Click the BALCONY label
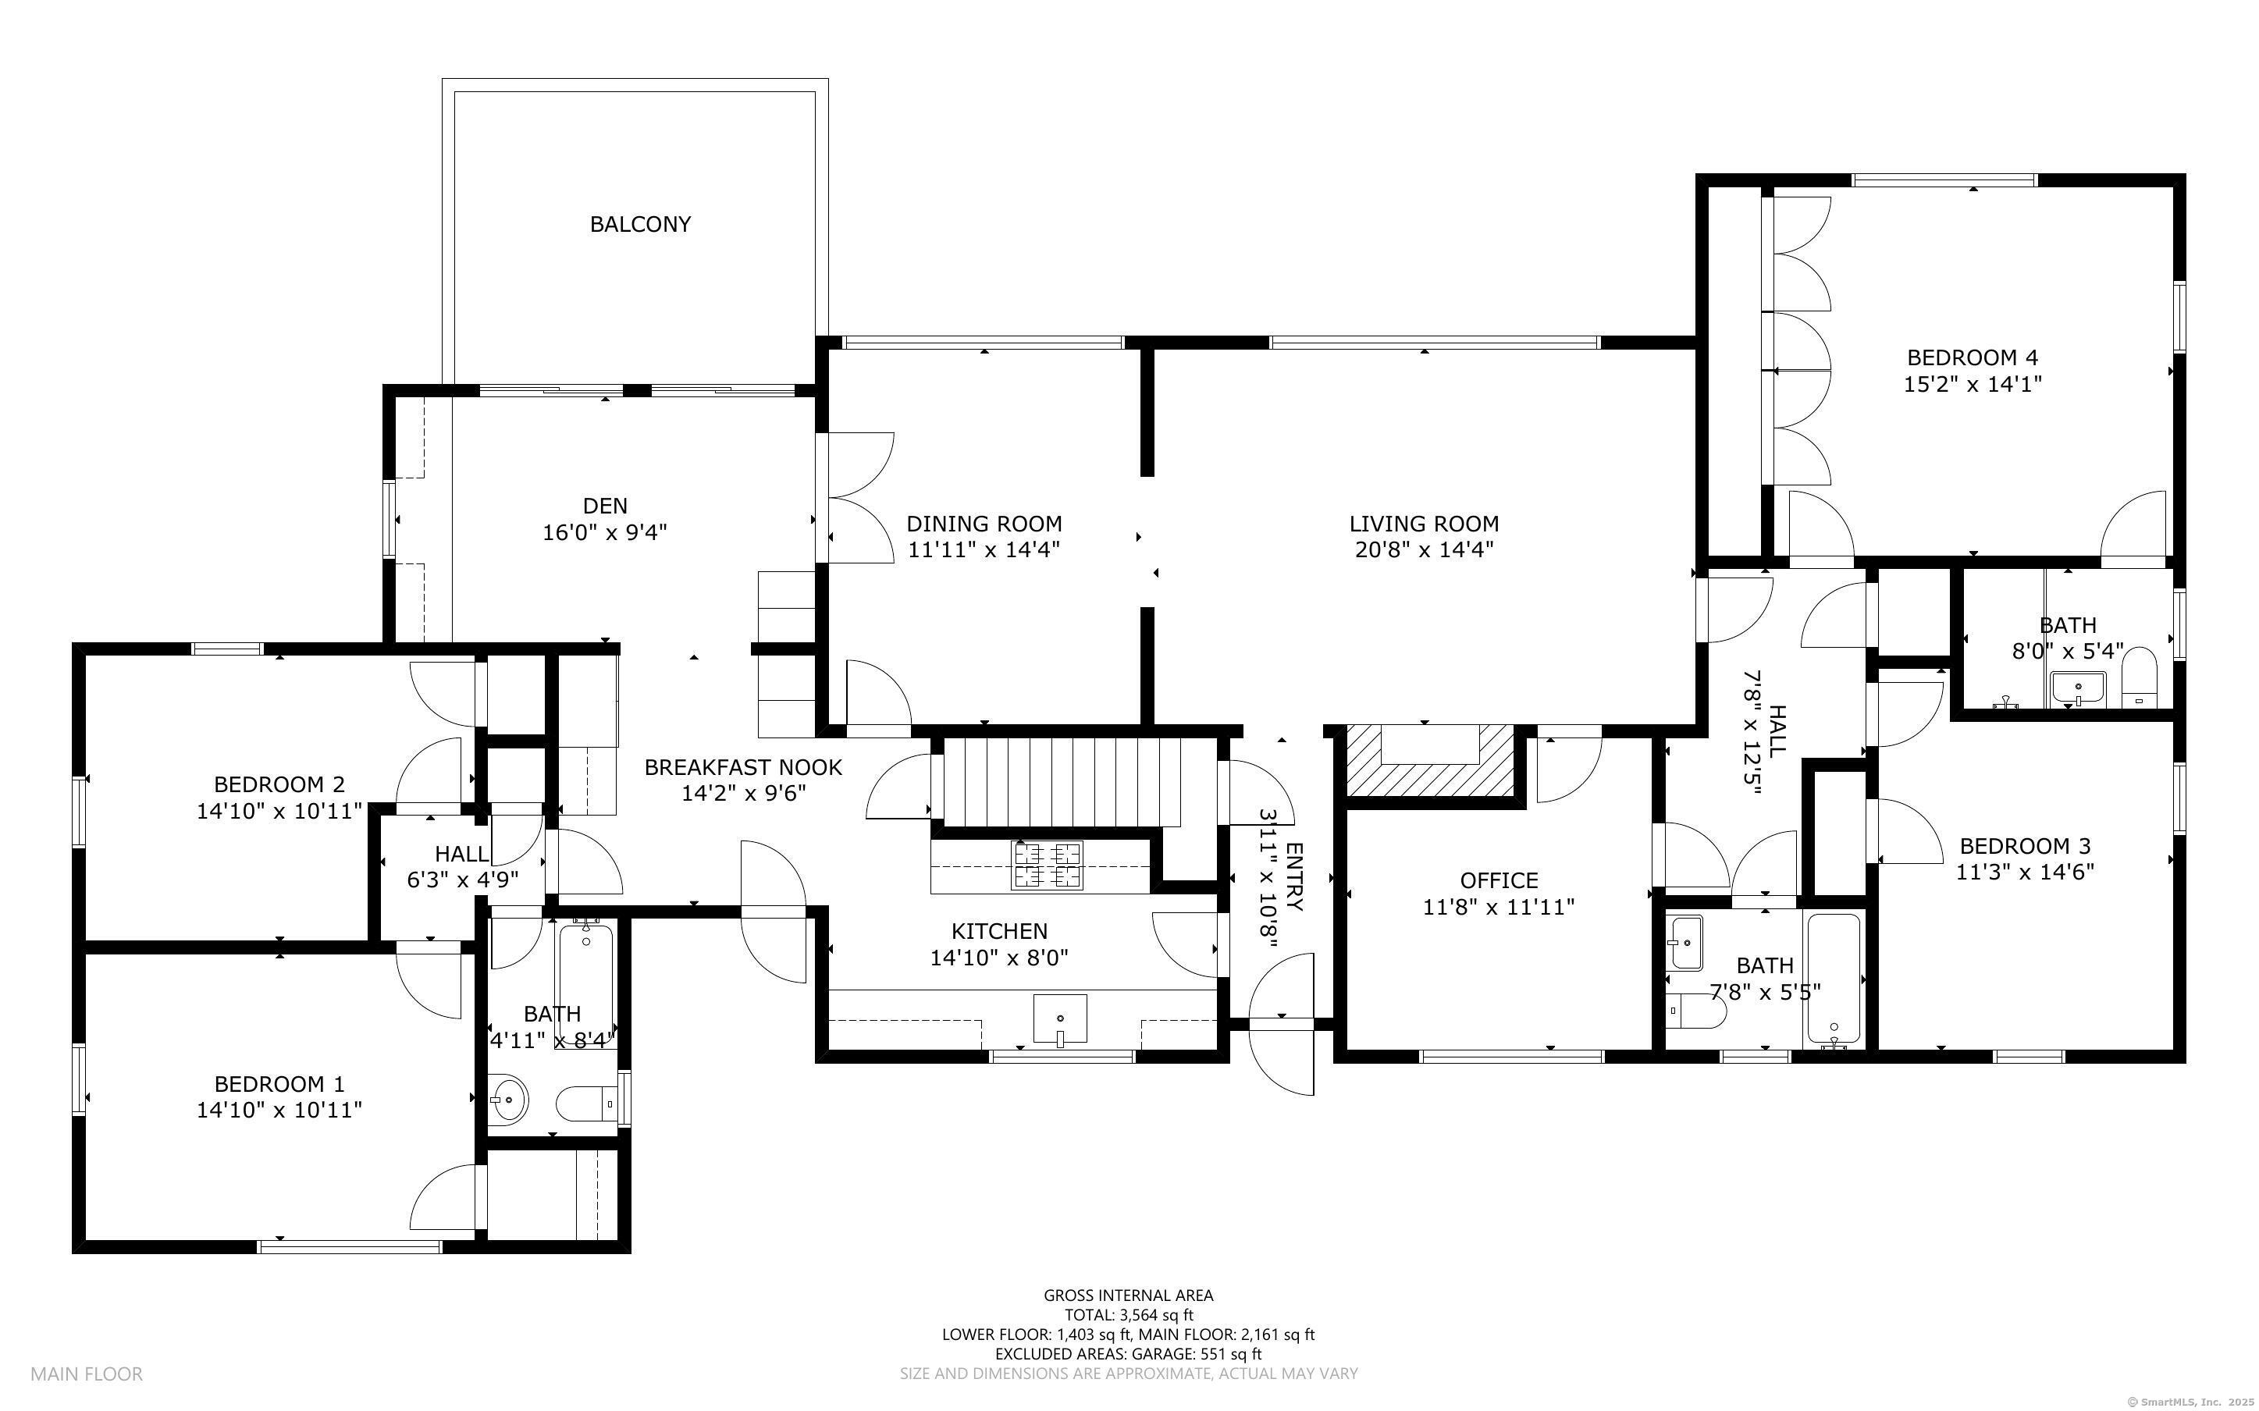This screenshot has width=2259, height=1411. [x=640, y=224]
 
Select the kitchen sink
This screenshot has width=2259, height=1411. [x=1060, y=1019]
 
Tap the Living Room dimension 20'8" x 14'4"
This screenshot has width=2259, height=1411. [x=1424, y=549]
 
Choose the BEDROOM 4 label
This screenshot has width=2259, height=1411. [x=1973, y=357]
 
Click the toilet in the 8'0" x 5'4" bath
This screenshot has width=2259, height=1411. [x=2140, y=678]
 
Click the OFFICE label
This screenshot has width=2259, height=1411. [x=1499, y=880]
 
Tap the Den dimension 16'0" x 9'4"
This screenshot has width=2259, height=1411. [x=605, y=533]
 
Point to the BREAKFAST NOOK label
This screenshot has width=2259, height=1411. [x=744, y=767]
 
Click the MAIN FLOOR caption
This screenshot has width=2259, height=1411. [x=87, y=1374]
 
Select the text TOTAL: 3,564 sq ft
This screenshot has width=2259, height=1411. [x=1129, y=1315]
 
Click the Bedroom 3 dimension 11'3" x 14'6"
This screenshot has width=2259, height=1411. [x=2026, y=873]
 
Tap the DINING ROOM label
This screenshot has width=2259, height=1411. [x=984, y=524]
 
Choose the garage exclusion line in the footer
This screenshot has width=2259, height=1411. [x=1129, y=1354]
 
